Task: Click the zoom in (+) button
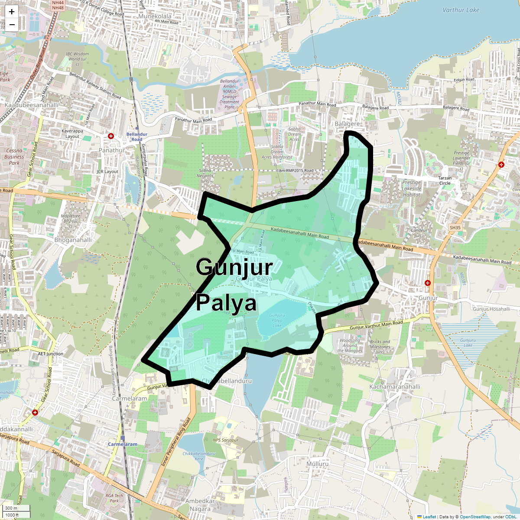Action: [x=12, y=12]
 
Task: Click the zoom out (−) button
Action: [x=12, y=24]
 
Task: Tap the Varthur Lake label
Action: [x=461, y=10]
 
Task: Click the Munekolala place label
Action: [x=155, y=16]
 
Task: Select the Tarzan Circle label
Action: [x=445, y=181]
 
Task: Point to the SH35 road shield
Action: [x=455, y=227]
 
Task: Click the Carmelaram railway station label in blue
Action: [x=123, y=444]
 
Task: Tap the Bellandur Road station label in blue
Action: [x=137, y=137]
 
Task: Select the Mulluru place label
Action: [x=318, y=464]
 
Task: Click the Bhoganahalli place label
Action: [x=73, y=240]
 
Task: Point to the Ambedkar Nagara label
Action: [x=200, y=505]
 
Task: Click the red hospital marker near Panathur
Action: [x=111, y=136]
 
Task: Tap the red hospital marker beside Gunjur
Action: [x=428, y=283]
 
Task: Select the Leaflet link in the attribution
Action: [x=429, y=517]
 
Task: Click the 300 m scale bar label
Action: [x=12, y=508]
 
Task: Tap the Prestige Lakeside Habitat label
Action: [x=412, y=188]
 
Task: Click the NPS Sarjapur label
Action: [x=226, y=440]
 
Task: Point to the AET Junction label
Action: [x=50, y=354]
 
